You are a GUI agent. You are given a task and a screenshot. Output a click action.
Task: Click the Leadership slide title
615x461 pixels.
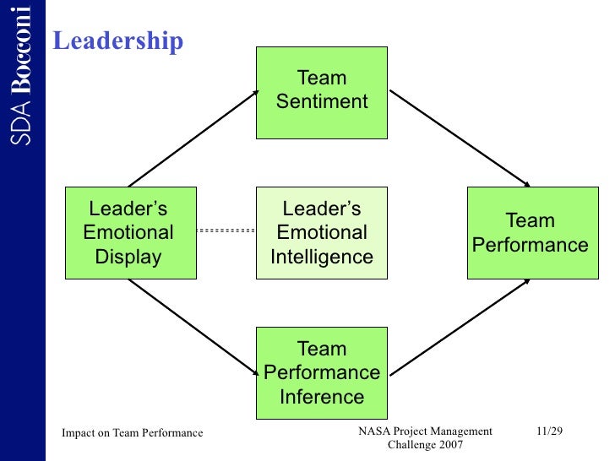(118, 41)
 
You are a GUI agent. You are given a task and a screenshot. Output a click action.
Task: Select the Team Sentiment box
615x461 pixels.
(322, 92)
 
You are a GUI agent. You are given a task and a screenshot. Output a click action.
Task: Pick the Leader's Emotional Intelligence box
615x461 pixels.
(322, 232)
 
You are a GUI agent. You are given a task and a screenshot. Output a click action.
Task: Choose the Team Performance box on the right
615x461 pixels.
(531, 232)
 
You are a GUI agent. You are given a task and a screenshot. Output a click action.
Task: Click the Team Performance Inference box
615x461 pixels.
(322, 372)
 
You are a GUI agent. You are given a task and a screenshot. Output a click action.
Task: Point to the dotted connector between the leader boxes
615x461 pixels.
(226, 230)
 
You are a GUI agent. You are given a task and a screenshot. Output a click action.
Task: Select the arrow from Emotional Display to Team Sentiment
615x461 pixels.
(193, 138)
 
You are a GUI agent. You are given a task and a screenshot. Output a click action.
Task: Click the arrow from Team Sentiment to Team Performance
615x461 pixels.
(459, 138)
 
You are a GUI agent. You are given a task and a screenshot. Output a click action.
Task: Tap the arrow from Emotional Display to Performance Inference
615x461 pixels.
(193, 326)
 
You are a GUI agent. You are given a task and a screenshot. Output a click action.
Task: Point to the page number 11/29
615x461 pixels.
(549, 432)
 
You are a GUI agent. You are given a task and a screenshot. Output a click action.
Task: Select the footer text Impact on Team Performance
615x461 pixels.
(133, 433)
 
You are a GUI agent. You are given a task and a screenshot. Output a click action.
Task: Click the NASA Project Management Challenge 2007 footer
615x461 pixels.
(425, 438)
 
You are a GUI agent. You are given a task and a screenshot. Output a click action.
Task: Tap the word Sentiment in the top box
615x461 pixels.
(322, 102)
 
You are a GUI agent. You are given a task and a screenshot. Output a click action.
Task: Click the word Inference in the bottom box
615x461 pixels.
(322, 396)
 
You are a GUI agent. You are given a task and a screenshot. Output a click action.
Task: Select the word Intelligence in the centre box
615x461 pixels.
(322, 257)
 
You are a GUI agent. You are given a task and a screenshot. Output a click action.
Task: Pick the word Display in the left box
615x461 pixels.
(128, 257)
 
